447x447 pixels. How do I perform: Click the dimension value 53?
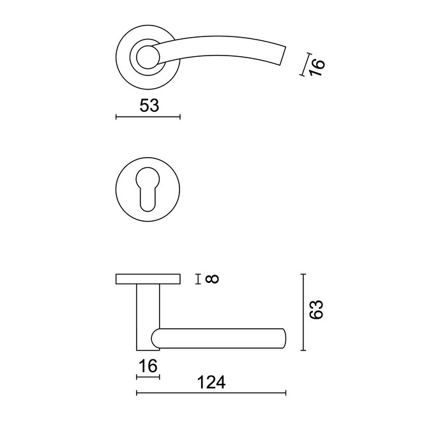point(149,105)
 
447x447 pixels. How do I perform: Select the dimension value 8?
point(213,278)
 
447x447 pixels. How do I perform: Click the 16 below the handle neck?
point(148,366)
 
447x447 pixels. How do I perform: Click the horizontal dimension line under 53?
point(148,117)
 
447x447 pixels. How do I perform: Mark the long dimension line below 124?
point(211,393)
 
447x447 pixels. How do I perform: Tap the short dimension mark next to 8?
point(201,278)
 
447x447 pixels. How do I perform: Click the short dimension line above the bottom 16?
point(148,377)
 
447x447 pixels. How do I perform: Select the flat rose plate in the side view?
point(148,279)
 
